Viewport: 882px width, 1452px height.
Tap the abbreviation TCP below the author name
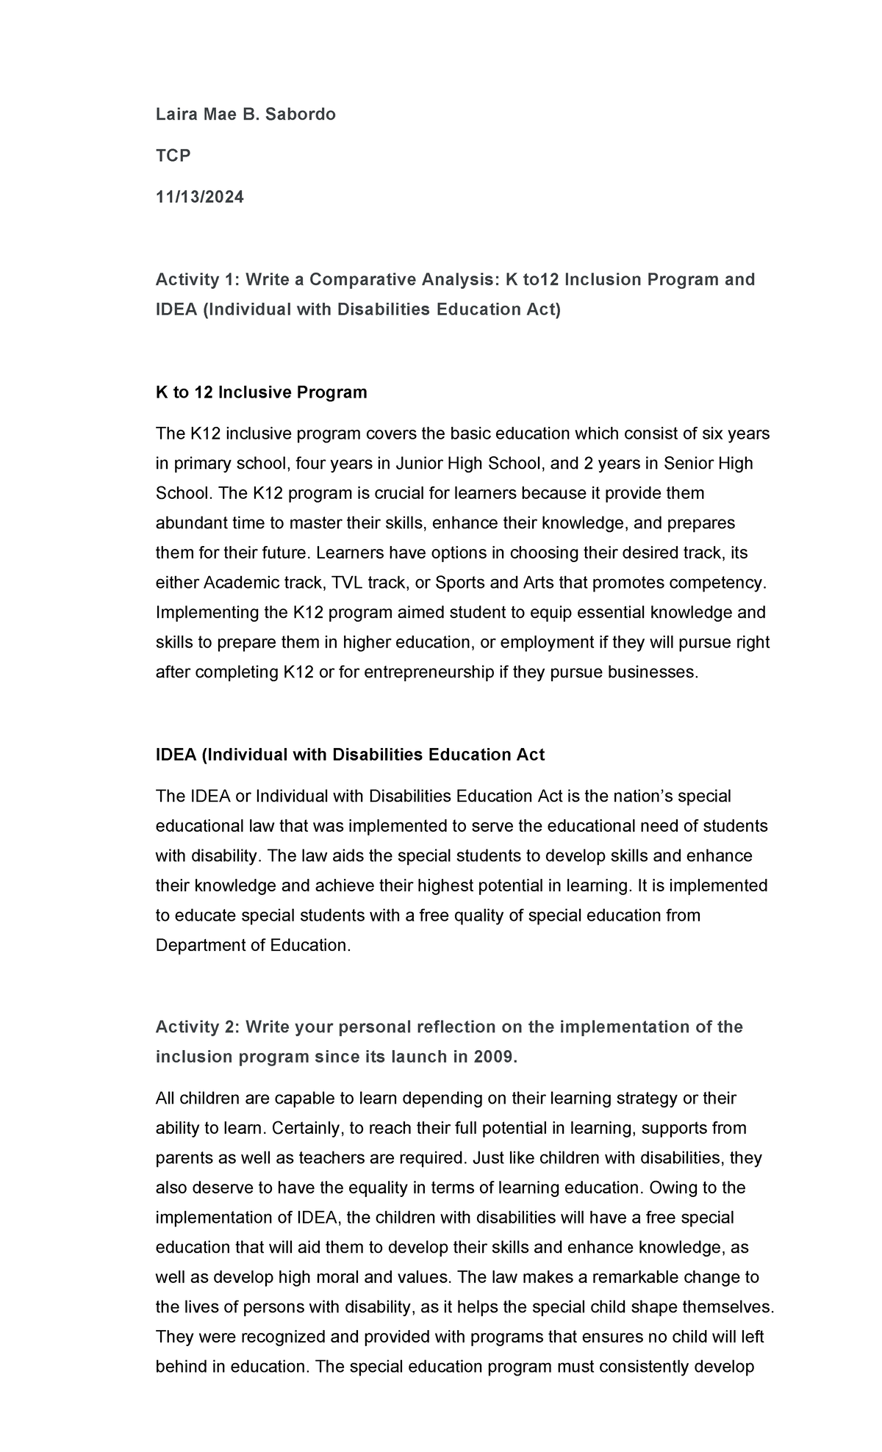[173, 155]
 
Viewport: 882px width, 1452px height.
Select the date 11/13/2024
[200, 197]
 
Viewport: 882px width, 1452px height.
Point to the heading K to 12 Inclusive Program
[261, 392]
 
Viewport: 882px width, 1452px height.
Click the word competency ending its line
[721, 583]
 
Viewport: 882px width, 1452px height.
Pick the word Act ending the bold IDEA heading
[530, 755]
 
